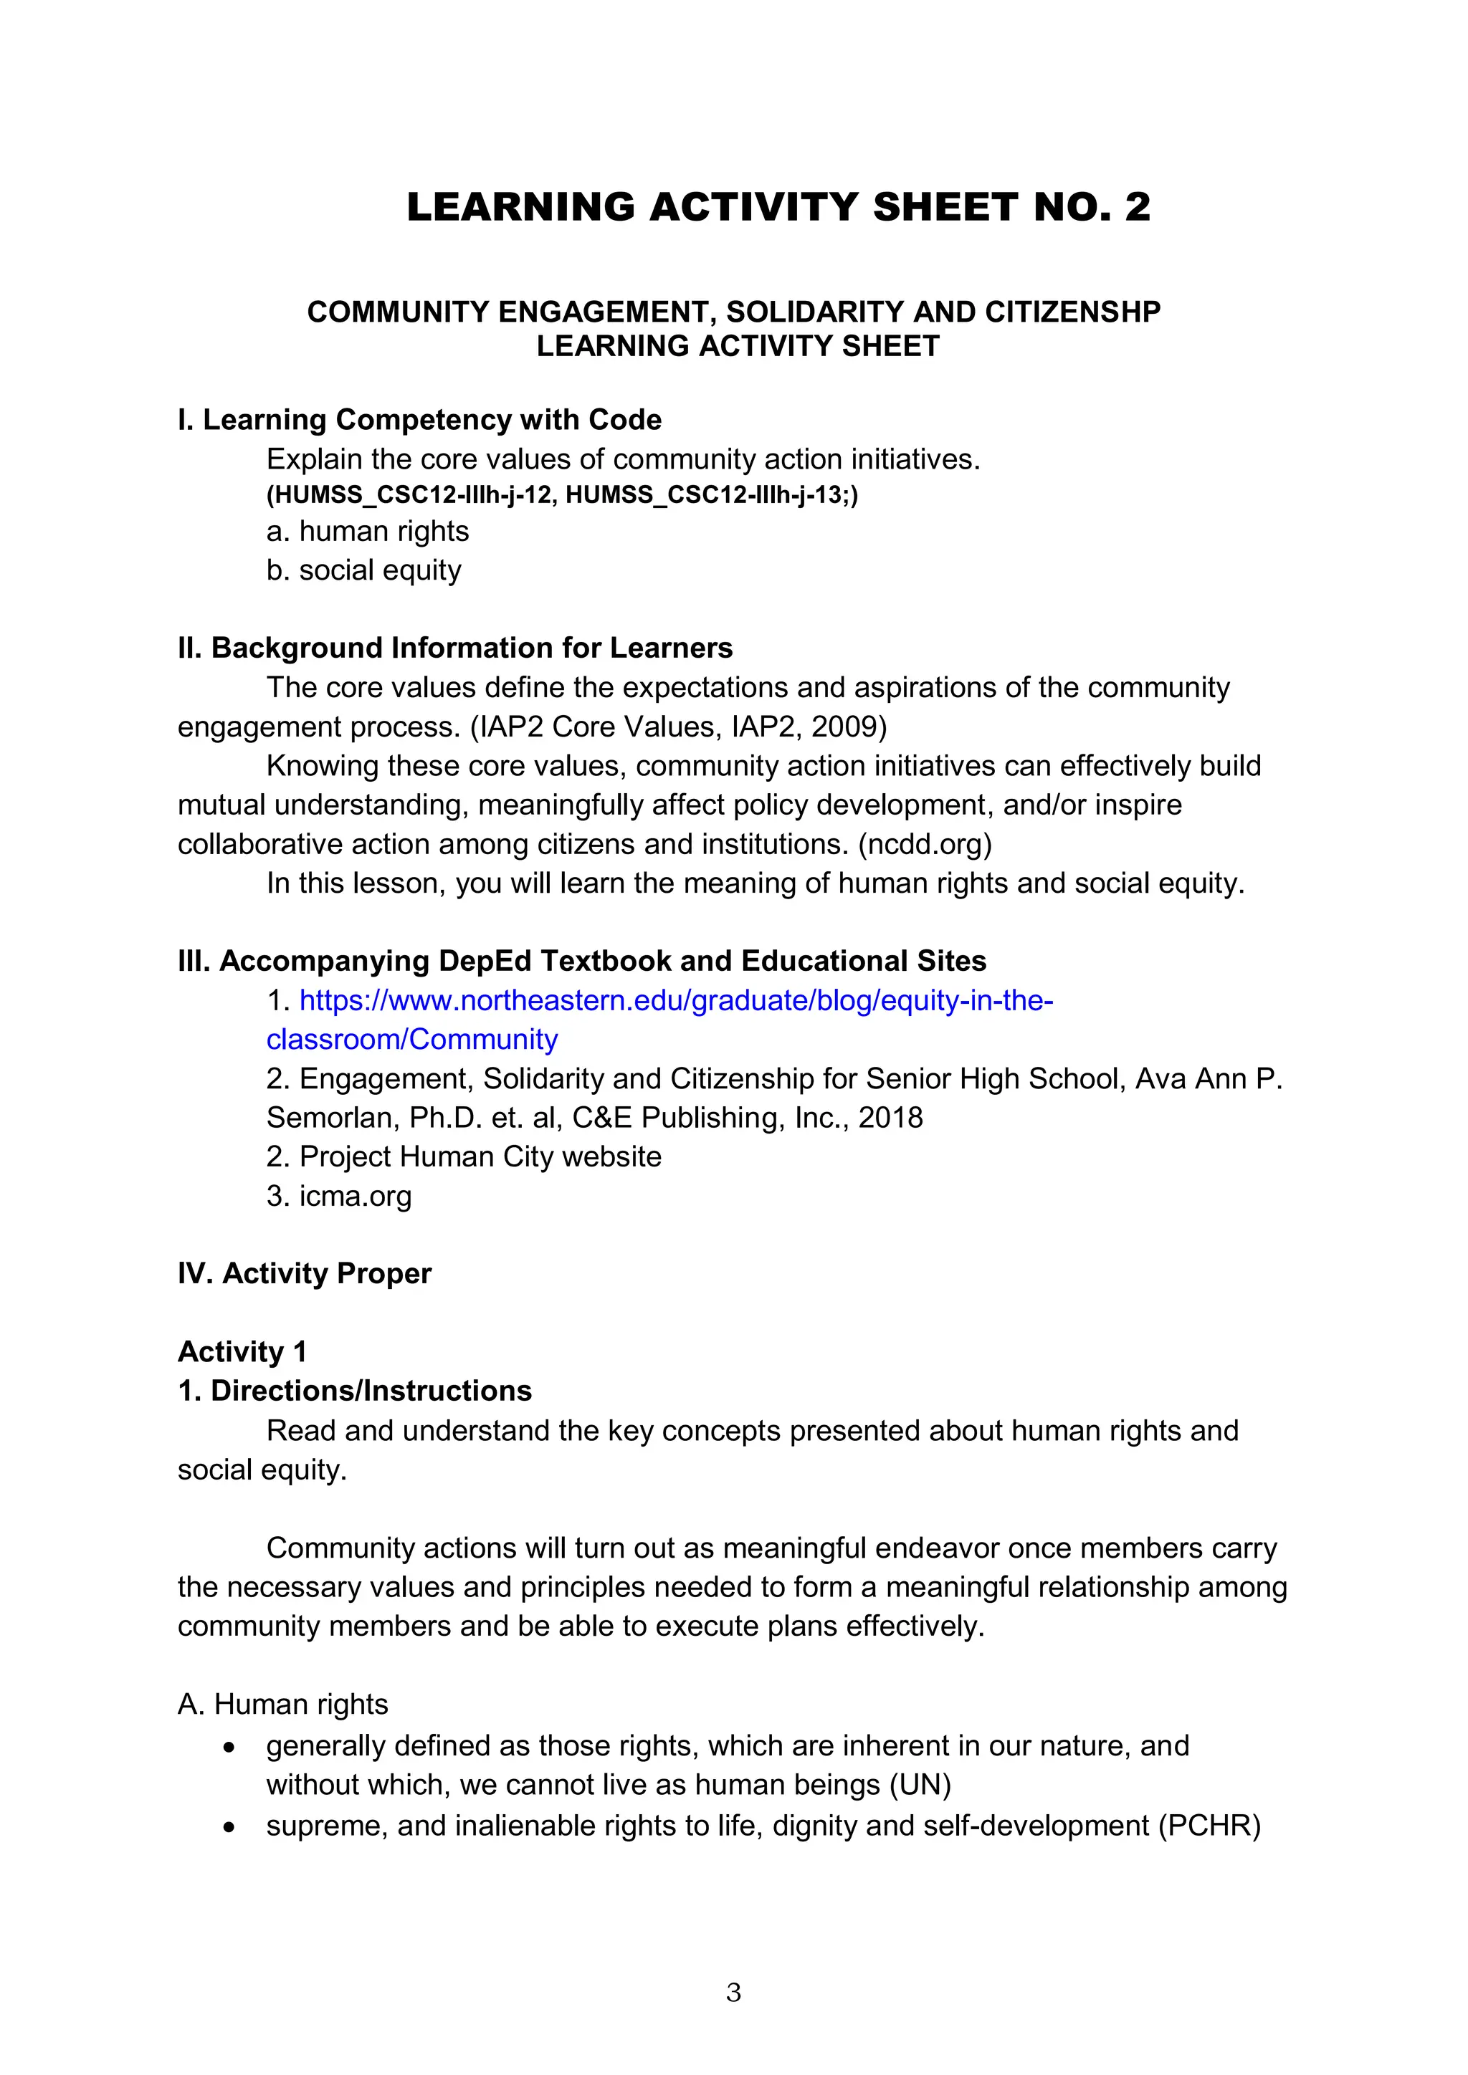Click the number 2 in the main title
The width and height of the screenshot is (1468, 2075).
point(1137,207)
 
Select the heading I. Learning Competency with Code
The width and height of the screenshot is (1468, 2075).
point(419,421)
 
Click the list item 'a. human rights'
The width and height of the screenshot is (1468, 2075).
point(368,532)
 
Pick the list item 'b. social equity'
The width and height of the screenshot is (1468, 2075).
point(363,570)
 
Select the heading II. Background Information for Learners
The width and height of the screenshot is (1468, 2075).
point(454,648)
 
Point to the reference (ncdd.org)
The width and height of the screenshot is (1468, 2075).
point(924,844)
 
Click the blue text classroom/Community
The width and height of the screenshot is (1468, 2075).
point(411,1040)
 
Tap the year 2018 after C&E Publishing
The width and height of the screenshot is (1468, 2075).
point(890,1118)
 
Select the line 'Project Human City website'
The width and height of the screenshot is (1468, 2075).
point(480,1156)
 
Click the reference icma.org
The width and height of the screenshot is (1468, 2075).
point(356,1196)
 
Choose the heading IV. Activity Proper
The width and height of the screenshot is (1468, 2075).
point(305,1273)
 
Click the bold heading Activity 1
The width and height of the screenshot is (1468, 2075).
point(242,1351)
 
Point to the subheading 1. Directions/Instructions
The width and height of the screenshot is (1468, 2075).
point(354,1390)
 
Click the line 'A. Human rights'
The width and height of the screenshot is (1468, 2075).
point(283,1704)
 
